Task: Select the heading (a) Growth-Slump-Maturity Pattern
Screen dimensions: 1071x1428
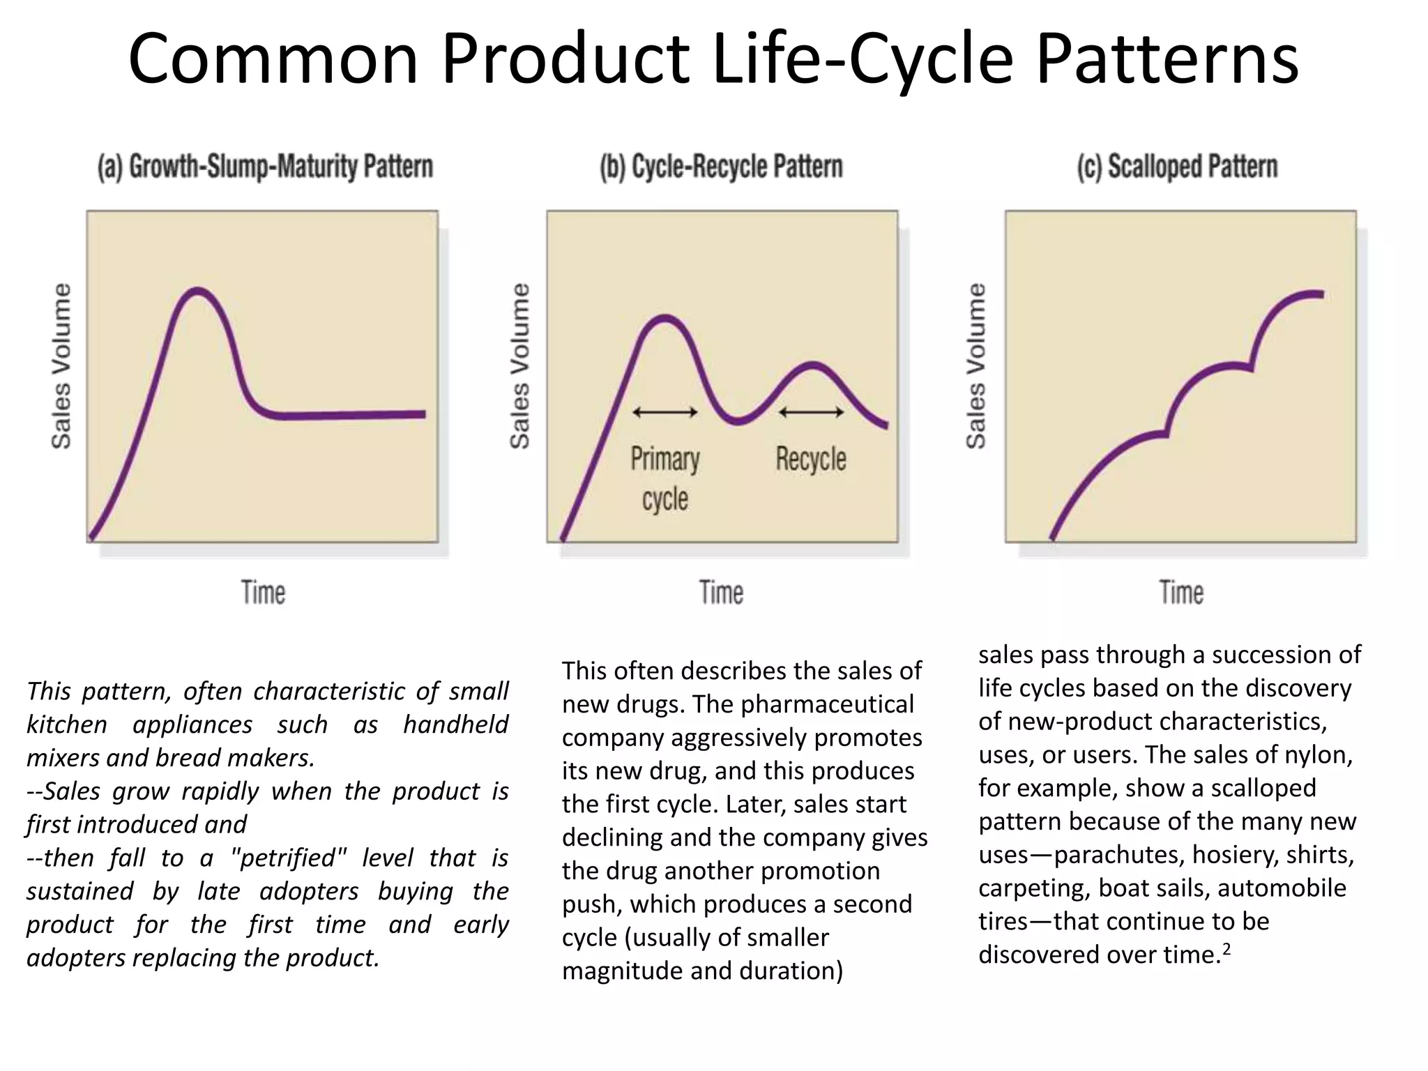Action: [265, 167]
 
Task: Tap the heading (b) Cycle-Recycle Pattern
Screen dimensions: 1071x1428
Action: [721, 167]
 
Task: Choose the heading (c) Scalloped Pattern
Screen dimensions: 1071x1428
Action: [1177, 167]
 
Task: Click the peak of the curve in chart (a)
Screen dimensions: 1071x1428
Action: [199, 290]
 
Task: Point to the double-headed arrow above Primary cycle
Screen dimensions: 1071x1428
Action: [664, 412]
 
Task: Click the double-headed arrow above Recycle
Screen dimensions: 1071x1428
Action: [811, 412]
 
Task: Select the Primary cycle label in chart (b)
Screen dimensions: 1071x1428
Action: [664, 478]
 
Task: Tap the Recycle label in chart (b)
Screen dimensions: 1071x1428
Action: [811, 459]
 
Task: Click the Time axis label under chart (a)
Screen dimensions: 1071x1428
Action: [263, 593]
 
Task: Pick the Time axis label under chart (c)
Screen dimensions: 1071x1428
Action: [1181, 593]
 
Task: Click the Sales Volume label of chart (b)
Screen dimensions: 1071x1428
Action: [520, 365]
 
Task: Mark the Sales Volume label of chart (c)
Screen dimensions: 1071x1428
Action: [976, 365]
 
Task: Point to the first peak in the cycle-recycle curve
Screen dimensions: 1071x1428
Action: [665, 319]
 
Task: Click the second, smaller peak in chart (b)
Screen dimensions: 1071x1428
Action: [812, 365]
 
